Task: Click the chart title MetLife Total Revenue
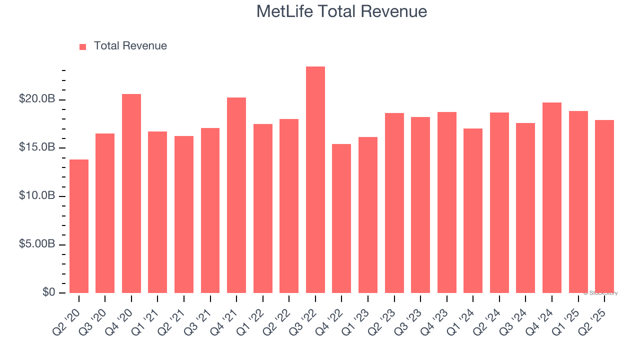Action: (x=341, y=11)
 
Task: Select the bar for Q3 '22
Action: (x=315, y=180)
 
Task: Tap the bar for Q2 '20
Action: (x=79, y=226)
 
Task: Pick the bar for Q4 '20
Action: (x=131, y=193)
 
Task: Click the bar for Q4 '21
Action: (x=236, y=195)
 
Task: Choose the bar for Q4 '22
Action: (x=341, y=218)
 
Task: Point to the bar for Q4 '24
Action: (x=552, y=197)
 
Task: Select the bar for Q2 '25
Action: (x=604, y=206)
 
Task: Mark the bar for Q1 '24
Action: (x=473, y=210)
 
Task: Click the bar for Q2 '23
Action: (x=394, y=203)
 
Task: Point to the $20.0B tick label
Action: (x=37, y=99)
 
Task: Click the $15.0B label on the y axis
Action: (x=37, y=148)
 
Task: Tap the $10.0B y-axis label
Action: (x=37, y=196)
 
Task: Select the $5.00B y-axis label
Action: (x=37, y=244)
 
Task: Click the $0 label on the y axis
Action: (x=48, y=292)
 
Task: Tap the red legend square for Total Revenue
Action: (x=83, y=46)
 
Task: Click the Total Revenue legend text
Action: (x=130, y=46)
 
